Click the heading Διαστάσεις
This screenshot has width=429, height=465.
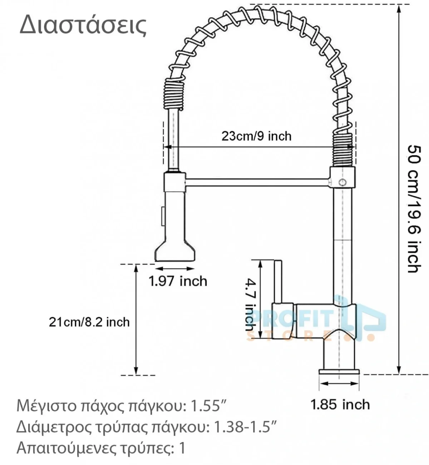pos(83,25)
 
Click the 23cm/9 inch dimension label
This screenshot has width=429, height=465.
pos(256,136)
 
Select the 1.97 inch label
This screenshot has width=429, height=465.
pos(178,281)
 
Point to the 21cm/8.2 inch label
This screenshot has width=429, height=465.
pos(89,322)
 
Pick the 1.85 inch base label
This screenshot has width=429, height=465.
pos(340,405)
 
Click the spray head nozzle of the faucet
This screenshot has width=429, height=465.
pos(175,251)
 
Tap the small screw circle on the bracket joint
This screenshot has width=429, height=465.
pos(342,182)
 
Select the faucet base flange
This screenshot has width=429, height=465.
pos(339,372)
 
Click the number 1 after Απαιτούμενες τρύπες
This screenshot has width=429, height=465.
pos(182,448)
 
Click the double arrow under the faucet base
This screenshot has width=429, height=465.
pos(339,384)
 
